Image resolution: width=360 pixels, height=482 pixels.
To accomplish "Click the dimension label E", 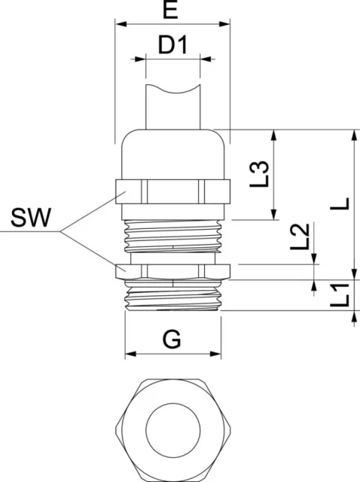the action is point(171,10).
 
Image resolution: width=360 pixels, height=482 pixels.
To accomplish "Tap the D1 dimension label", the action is point(172,45).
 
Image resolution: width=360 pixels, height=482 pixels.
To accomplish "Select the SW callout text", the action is point(31,218).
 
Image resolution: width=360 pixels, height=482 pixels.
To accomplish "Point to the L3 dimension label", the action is point(259,174).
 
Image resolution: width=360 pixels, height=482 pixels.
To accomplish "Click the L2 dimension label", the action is point(300,236).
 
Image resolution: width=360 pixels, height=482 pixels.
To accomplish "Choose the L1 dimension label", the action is point(340,295).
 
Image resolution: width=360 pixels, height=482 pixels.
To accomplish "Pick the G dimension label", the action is point(172,339).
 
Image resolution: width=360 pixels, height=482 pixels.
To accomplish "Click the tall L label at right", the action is point(340,204).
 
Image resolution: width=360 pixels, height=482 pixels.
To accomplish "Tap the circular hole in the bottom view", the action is point(173,429).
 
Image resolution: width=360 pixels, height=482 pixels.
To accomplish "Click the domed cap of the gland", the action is point(173,154).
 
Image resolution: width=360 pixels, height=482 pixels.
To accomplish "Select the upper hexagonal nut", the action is point(172,191).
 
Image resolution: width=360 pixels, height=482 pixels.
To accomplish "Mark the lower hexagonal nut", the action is point(172,271).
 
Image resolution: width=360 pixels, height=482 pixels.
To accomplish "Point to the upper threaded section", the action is point(172,236).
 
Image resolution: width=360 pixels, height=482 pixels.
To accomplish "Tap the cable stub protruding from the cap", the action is point(173,107).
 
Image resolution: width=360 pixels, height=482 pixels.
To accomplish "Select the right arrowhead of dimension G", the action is point(215,354).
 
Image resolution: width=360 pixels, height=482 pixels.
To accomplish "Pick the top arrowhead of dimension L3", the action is point(274,136).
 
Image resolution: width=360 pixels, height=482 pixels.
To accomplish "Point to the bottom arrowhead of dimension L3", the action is point(274,214).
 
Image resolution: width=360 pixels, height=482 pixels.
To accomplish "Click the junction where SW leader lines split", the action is point(60,231).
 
